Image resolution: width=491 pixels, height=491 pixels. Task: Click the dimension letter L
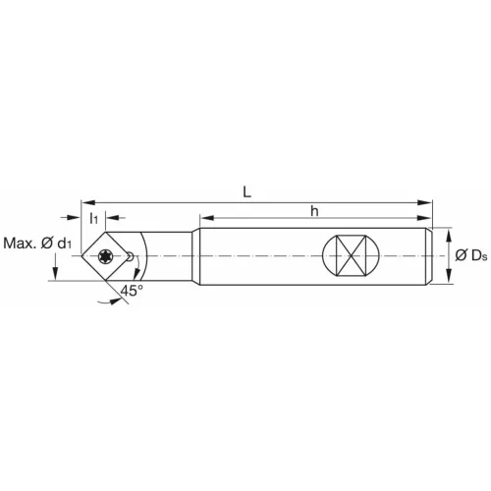(x=247, y=192)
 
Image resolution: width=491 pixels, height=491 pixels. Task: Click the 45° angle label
(x=132, y=291)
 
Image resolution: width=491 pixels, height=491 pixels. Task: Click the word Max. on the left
(x=22, y=244)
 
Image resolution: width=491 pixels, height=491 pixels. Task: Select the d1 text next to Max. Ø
(x=63, y=244)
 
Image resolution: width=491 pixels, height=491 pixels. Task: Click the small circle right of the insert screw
(x=131, y=256)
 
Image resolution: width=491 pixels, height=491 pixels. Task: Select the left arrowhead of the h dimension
(x=204, y=219)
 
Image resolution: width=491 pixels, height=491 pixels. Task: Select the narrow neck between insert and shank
(x=172, y=257)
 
